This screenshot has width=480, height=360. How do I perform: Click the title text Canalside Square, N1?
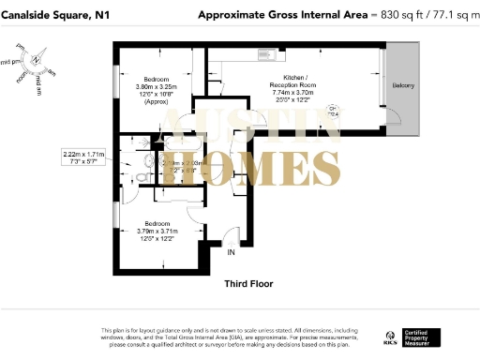point(55,16)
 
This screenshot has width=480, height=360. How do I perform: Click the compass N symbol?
point(35,60)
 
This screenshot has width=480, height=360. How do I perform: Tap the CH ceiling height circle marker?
point(334,109)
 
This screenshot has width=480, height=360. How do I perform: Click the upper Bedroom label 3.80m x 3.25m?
point(153,86)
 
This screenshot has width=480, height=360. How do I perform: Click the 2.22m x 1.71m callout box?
point(83,157)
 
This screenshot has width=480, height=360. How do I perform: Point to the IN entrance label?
point(232,251)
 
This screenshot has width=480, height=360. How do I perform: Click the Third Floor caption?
point(247,282)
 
